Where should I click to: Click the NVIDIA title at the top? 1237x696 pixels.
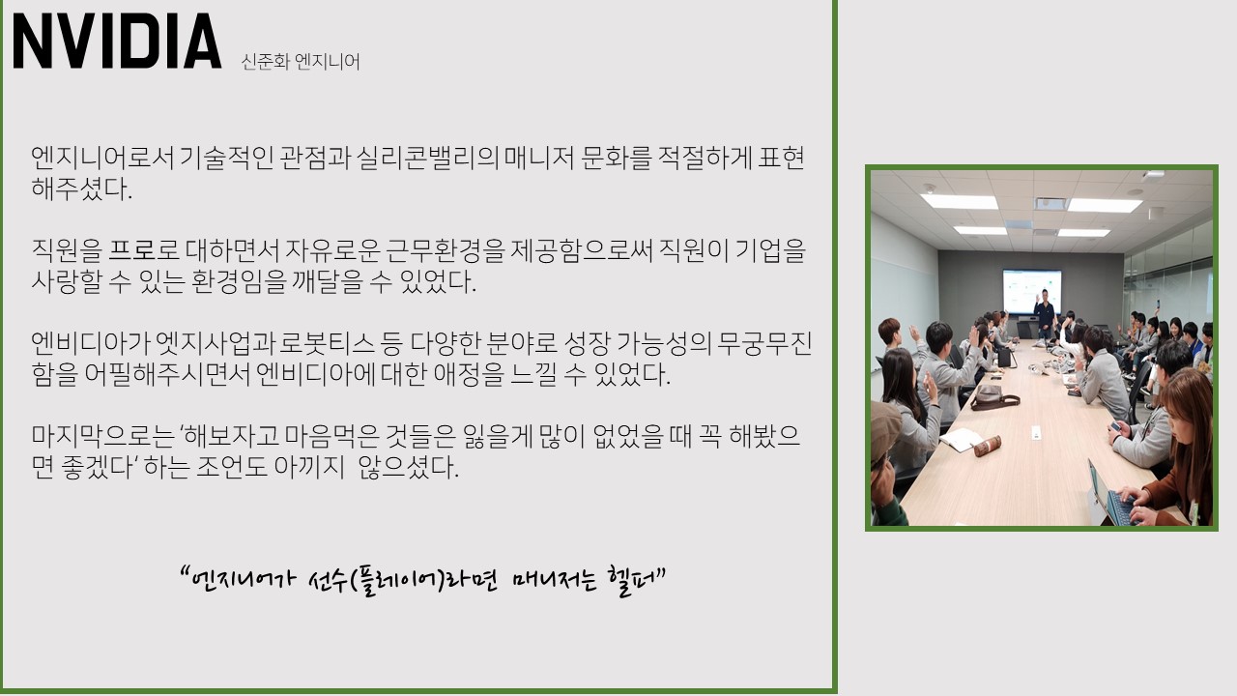(117, 42)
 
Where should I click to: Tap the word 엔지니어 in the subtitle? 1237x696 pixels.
(328, 61)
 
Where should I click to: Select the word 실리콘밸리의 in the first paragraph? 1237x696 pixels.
(427, 158)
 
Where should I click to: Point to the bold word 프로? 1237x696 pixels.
(132, 250)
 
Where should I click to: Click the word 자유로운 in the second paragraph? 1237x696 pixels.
(332, 250)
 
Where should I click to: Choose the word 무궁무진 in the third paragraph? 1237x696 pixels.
(764, 343)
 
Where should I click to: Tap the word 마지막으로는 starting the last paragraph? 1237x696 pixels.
(102, 436)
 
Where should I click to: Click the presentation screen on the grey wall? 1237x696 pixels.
(1031, 291)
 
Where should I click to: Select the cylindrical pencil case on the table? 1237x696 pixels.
(988, 446)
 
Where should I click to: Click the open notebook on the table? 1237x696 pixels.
(960, 440)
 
